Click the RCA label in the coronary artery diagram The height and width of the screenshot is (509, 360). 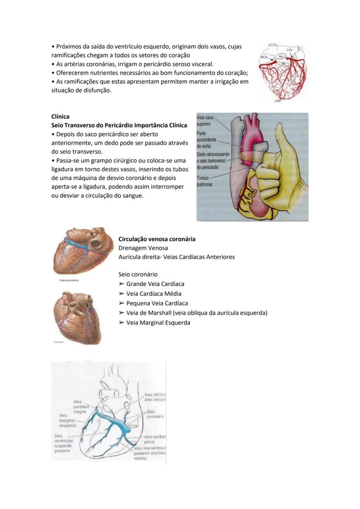coord(264,57)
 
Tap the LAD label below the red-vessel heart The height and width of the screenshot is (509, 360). coord(278,100)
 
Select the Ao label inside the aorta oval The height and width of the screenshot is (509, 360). coord(281,57)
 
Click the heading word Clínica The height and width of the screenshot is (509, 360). coord(60,117)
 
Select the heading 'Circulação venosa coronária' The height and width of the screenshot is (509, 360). coord(157,239)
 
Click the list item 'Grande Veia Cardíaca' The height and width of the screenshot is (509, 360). coord(155,284)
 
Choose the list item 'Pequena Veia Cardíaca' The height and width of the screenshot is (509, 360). coord(157,303)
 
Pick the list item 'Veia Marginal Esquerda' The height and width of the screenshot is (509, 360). coord(158,322)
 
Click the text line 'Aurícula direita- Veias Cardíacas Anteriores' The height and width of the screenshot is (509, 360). coord(177,257)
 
